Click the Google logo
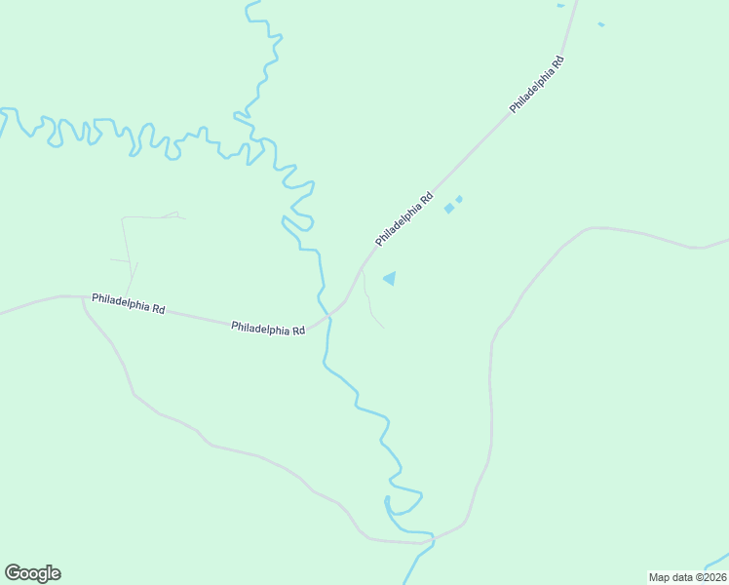[x=32, y=573]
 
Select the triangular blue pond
[x=391, y=279]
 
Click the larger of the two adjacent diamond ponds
[x=449, y=208]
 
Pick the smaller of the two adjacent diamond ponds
[x=459, y=199]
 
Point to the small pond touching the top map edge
[x=560, y=5]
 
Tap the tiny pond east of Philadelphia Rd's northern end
[x=600, y=24]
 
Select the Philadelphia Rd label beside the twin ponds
[x=403, y=220]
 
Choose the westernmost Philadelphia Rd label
[x=128, y=303]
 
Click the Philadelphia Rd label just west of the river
[x=268, y=329]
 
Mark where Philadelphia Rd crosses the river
[x=327, y=316]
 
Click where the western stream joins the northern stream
[x=261, y=142]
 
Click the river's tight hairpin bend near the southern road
[x=388, y=502]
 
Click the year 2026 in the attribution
[x=710, y=577]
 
